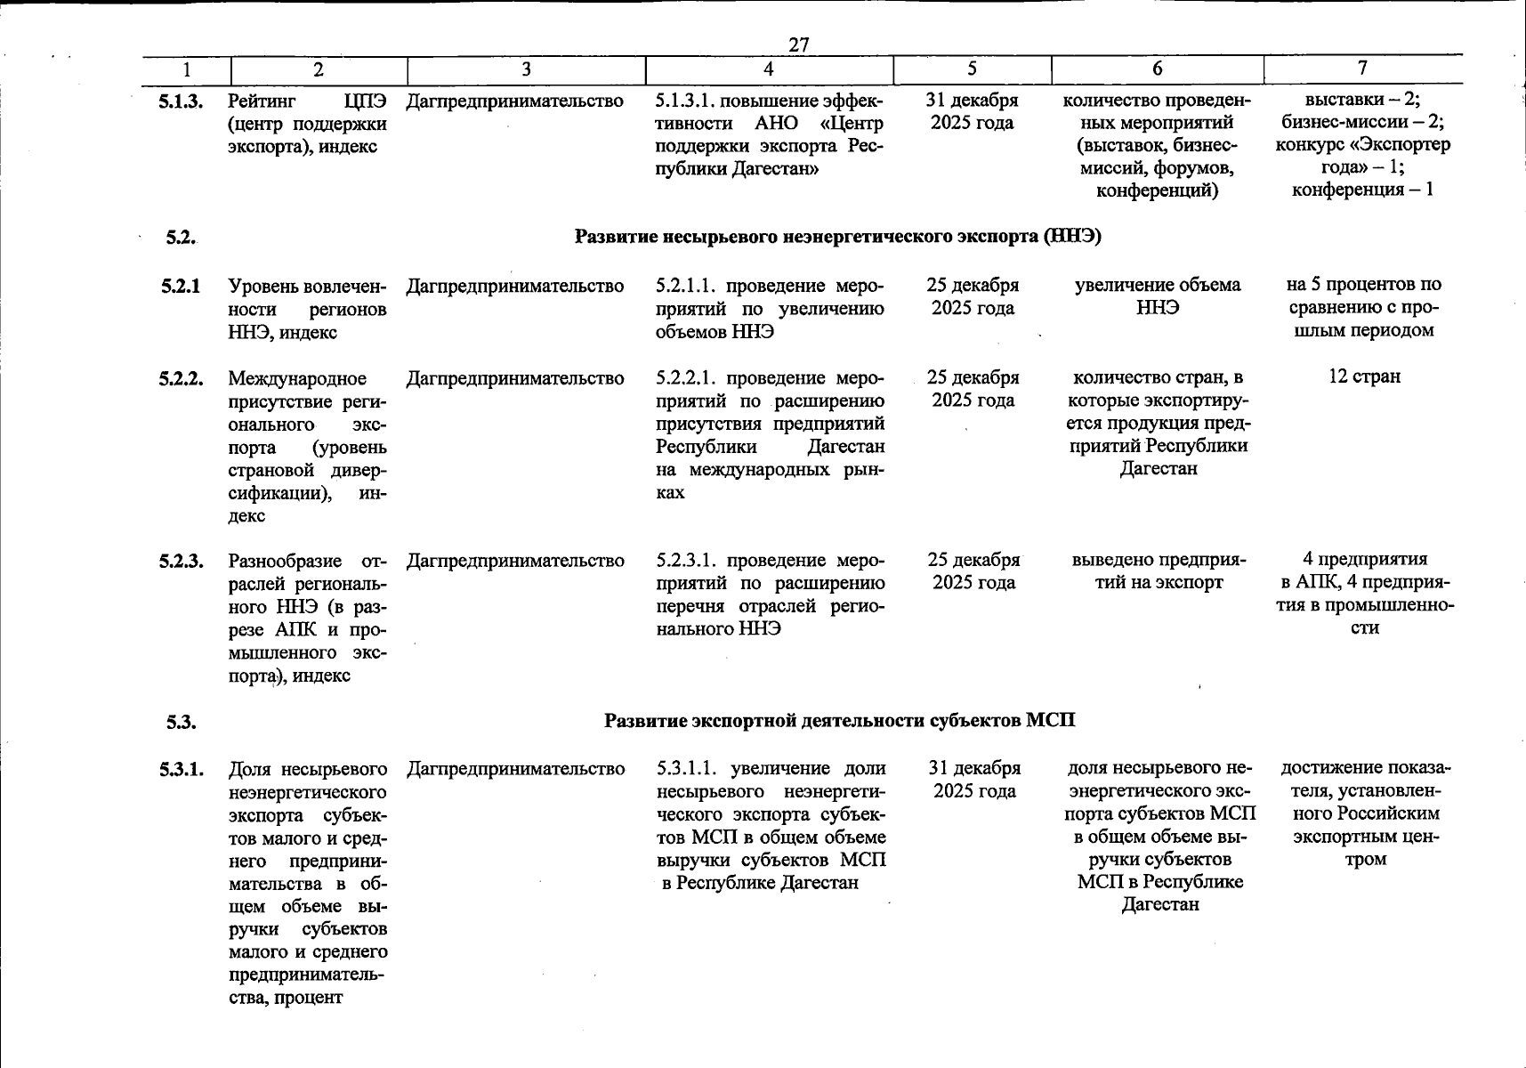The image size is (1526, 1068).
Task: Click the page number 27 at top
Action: tap(798, 44)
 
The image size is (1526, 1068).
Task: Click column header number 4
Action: tap(768, 69)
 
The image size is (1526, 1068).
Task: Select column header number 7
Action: tap(1361, 68)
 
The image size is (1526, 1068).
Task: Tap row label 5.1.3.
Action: tap(182, 102)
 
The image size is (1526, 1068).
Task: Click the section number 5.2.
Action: tap(181, 238)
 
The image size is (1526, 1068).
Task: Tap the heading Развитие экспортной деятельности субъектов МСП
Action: tap(839, 720)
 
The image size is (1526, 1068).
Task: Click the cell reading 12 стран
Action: tap(1364, 376)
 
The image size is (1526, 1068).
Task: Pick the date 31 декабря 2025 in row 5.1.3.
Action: tap(972, 111)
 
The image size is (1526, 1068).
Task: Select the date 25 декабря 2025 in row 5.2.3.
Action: tap(973, 571)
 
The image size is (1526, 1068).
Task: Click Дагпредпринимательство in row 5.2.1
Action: tap(514, 287)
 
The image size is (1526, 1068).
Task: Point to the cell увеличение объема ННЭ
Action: tap(1157, 296)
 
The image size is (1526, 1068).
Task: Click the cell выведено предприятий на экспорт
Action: tap(1159, 571)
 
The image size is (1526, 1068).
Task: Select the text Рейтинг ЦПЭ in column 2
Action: tap(307, 101)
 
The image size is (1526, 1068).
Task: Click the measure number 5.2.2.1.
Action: tap(688, 378)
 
